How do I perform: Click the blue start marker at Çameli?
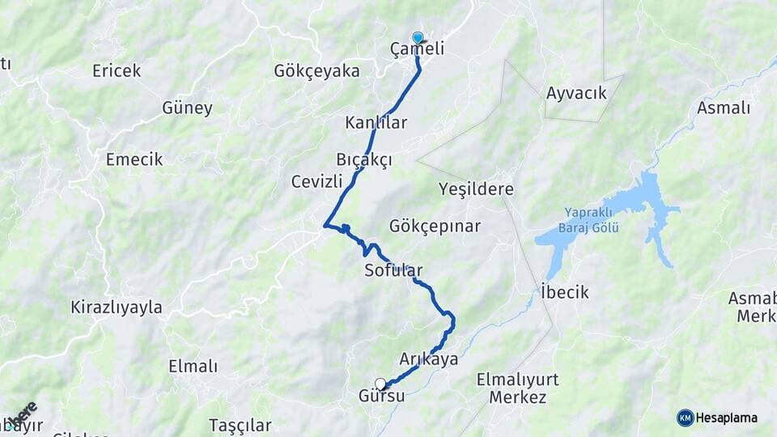pos(418,37)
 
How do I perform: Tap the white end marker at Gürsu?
pos(380,384)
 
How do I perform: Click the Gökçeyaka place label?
pos(316,71)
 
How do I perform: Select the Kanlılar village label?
pos(376,123)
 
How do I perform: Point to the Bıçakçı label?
pos(364,159)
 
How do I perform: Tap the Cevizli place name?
pos(318,182)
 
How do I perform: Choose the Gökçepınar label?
pos(435,226)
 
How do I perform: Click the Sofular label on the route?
pos(393,270)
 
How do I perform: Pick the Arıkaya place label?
pos(429,359)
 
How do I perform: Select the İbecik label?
pos(564,293)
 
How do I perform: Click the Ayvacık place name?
pos(576,93)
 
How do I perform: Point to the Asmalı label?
pos(724,108)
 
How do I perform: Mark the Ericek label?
pos(117,71)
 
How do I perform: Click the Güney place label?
pos(187,108)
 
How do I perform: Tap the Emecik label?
pos(134,159)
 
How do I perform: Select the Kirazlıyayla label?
pos(117,308)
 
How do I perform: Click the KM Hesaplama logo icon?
pos(686,418)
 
